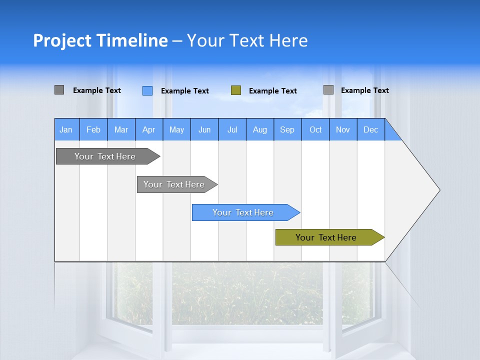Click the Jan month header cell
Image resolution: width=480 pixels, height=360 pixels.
pos(66,129)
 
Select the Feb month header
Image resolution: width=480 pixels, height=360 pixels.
pos(93,129)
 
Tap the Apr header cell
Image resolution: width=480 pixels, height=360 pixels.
pos(148,129)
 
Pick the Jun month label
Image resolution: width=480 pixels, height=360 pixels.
pos(204,129)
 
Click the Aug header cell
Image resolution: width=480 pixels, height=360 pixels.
pos(259,129)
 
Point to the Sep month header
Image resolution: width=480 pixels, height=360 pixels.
pos(287,129)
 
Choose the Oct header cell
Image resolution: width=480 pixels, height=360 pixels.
pos(315,129)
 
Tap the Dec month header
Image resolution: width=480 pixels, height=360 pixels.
pos(370,129)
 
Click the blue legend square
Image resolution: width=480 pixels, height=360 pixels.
pos(147,90)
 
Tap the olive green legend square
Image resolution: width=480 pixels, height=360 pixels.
pos(236,90)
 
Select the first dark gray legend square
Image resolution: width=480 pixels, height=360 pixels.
pos(59,90)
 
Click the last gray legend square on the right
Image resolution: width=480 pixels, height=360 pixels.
pos(328,90)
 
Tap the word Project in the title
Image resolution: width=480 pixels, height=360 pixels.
pos(61,40)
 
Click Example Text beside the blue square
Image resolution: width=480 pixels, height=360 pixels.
pos(184,91)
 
